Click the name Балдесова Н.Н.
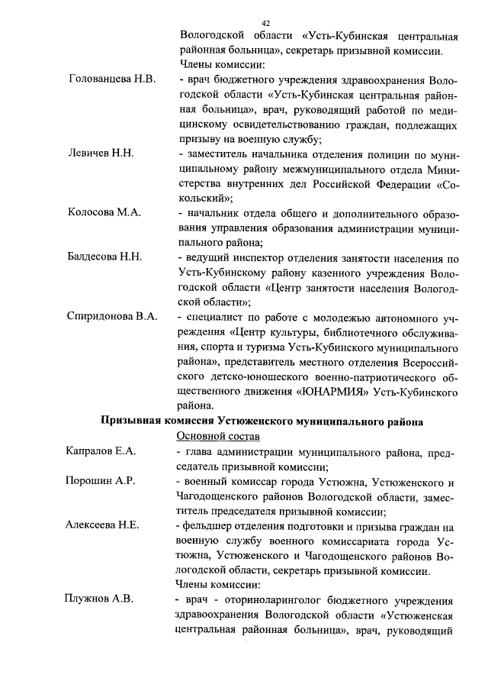tap(104, 257)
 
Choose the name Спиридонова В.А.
tap(112, 316)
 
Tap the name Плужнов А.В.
tap(98, 599)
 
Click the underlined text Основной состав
tap(218, 436)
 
